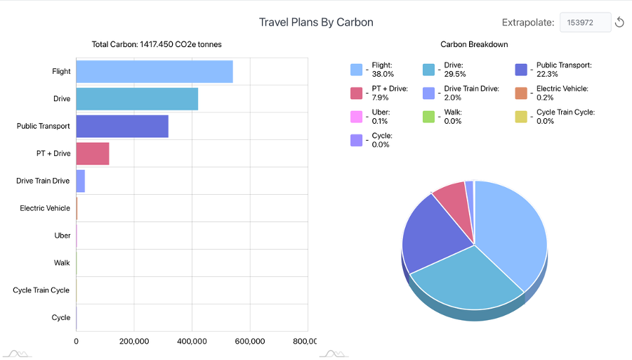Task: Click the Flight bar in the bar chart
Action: point(154,72)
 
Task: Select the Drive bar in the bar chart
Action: point(137,99)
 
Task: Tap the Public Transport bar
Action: point(122,127)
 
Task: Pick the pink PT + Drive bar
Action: point(93,153)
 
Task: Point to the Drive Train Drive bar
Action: point(81,181)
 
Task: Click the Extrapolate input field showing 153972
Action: point(584,22)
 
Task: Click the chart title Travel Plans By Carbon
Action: point(316,22)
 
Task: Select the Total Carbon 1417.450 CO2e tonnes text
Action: point(157,44)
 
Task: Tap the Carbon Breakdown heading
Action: point(474,44)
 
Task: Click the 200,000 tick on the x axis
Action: point(133,341)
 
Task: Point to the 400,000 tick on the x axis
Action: point(192,341)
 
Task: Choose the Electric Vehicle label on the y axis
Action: point(45,208)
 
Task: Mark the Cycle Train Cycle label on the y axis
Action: point(41,290)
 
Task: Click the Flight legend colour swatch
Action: point(357,69)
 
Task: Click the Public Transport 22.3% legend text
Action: point(564,69)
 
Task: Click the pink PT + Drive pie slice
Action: point(451,197)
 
